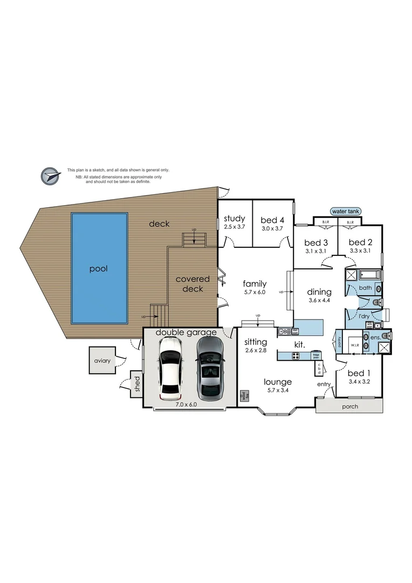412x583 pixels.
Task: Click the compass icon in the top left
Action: pos(50,175)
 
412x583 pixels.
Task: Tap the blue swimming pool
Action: pos(99,268)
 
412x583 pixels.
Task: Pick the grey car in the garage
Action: pos(208,365)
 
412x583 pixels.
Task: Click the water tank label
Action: pos(346,212)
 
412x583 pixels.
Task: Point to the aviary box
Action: pos(104,361)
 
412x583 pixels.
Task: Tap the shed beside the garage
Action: pos(136,384)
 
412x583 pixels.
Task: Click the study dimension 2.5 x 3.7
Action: pos(235,227)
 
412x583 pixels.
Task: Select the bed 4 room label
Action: pos(272,220)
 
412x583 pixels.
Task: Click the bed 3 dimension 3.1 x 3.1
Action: pos(315,251)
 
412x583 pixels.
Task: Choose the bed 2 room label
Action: pos(361,242)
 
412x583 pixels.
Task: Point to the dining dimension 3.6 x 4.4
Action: pos(319,300)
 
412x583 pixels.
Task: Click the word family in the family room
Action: pos(254,283)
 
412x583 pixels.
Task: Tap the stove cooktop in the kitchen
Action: pos(297,355)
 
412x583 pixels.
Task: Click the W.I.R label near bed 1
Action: pos(355,344)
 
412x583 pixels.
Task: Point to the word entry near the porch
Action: pos(324,384)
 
